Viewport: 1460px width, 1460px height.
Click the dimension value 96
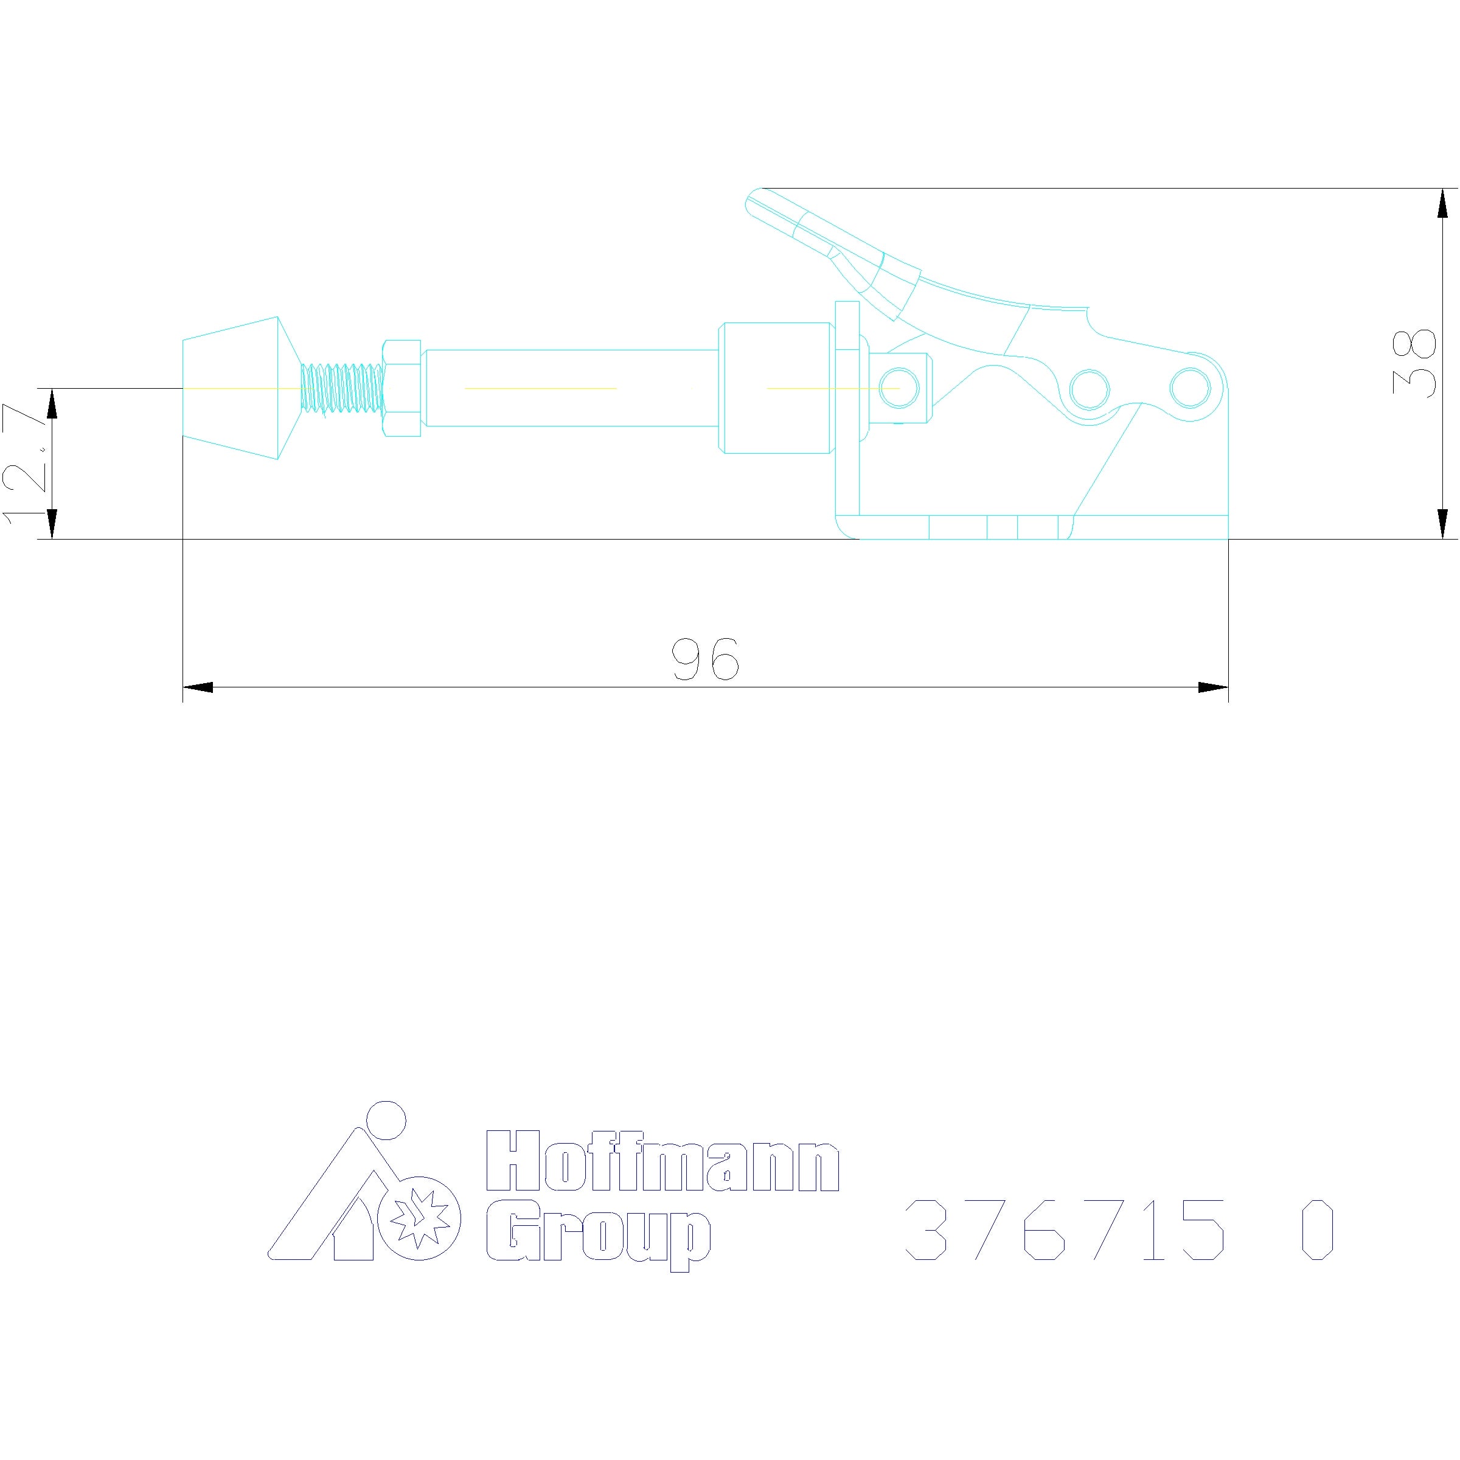click(705, 658)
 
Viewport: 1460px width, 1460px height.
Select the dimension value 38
click(1414, 363)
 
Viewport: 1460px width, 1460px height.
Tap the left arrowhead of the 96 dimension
click(198, 687)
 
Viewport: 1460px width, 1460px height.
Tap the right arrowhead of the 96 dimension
click(1213, 687)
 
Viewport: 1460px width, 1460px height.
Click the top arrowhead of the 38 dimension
click(1442, 203)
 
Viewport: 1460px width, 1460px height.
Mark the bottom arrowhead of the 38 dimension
click(1442, 524)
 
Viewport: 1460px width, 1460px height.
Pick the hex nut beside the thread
click(402, 388)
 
